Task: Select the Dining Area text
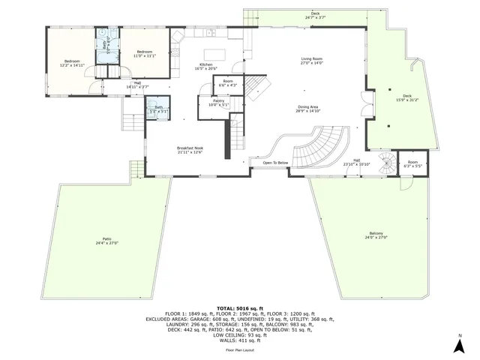[308, 107]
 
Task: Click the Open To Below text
[275, 163]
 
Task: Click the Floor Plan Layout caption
[239, 350]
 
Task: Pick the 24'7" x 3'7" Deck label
[315, 15]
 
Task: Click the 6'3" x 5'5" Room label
[412, 164]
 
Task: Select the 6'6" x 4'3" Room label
[228, 82]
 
